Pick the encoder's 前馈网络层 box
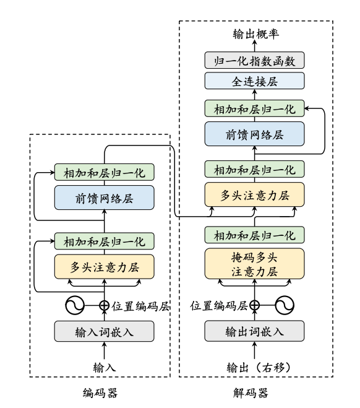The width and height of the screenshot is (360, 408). (103, 198)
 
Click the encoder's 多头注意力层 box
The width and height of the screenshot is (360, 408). (103, 266)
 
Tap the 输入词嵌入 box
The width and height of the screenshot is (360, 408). (103, 332)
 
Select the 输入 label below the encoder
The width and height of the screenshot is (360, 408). (103, 367)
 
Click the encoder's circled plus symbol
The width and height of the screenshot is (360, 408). (103, 305)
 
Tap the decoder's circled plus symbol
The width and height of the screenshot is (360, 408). (254, 305)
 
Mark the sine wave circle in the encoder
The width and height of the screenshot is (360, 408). (75, 305)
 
